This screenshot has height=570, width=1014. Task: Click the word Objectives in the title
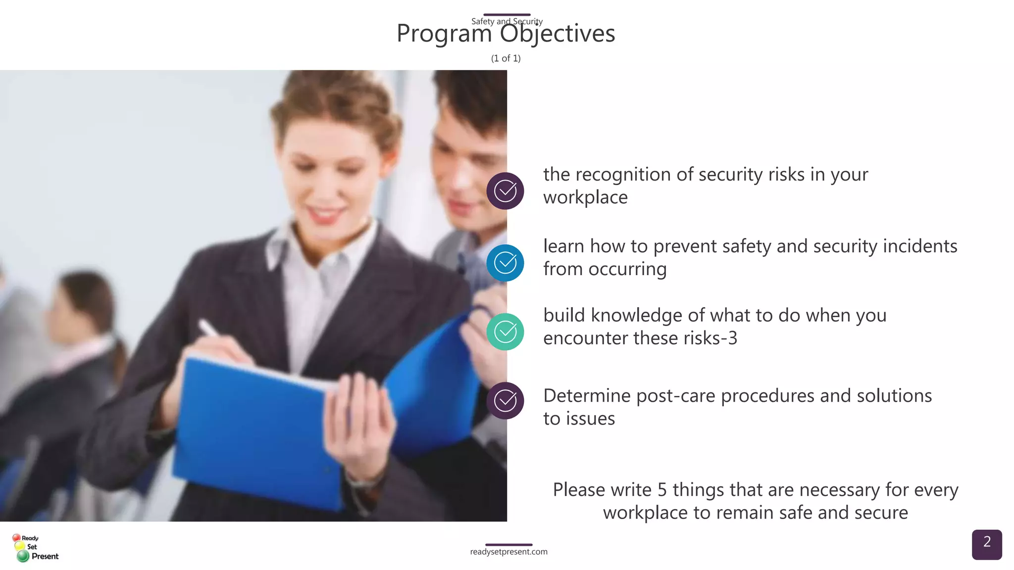tap(557, 34)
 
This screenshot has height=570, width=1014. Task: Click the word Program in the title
tap(444, 34)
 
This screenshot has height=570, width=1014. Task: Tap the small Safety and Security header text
tap(507, 21)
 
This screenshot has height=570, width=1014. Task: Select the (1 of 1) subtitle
tap(506, 58)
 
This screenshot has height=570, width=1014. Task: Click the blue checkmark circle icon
tap(505, 263)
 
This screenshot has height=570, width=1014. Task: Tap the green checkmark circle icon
tap(505, 332)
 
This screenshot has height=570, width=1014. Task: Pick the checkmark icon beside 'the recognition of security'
tap(505, 191)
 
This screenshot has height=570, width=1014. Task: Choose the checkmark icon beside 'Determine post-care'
tap(505, 401)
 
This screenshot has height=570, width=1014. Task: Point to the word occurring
tap(627, 269)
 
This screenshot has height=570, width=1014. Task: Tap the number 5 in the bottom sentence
tap(662, 490)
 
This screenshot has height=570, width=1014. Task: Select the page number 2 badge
tap(986, 544)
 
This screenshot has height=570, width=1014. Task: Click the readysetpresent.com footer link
tap(508, 552)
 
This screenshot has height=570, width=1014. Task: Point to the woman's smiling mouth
tap(324, 214)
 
